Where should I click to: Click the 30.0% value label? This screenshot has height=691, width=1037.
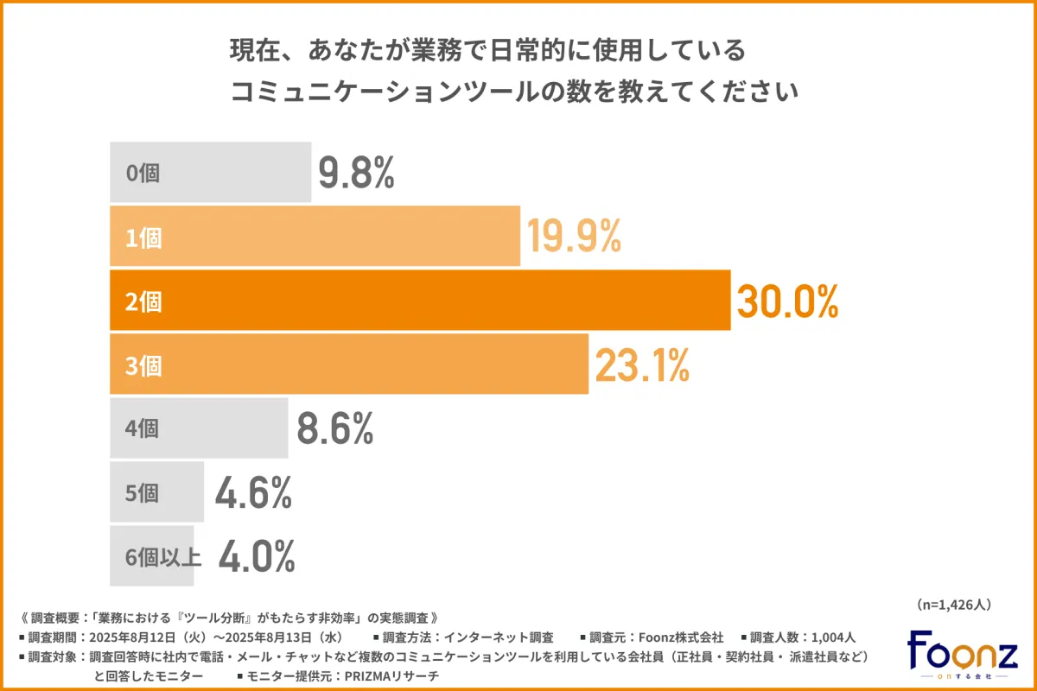(x=787, y=301)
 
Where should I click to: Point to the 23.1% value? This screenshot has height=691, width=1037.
(x=641, y=365)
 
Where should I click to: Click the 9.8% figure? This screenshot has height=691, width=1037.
(x=356, y=173)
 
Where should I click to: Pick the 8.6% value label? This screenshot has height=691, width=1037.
(x=334, y=428)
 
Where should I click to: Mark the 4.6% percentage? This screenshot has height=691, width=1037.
(x=253, y=492)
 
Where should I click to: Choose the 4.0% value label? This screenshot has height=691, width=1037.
(x=257, y=557)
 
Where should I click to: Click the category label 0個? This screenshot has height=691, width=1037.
(x=143, y=173)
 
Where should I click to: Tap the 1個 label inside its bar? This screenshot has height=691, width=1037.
(x=143, y=238)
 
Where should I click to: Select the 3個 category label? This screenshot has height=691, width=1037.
(x=143, y=366)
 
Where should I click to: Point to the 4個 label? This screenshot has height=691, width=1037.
(x=143, y=429)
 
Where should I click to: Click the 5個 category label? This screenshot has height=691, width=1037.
(x=143, y=493)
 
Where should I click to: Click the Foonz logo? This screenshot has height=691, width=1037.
(x=962, y=653)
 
